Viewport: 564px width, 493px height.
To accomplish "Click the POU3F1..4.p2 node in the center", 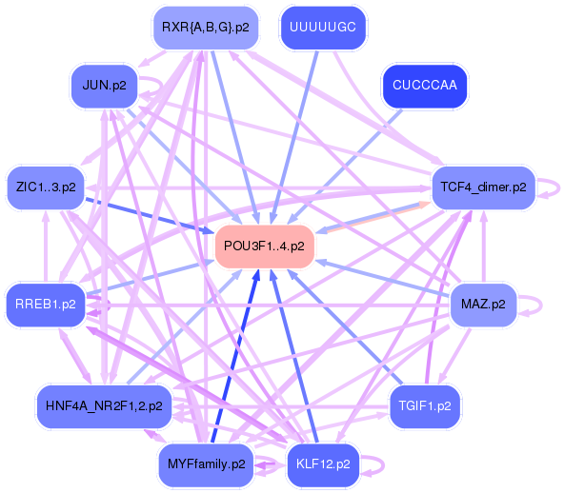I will tap(264, 246).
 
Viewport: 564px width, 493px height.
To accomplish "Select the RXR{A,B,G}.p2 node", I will tap(205, 28).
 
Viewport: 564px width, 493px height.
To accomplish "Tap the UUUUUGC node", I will tap(322, 28).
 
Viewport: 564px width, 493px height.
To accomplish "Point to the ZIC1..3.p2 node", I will tap(46, 187).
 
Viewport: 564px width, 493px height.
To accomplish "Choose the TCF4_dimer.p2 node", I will tap(483, 187).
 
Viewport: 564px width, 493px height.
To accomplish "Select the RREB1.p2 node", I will tap(46, 306).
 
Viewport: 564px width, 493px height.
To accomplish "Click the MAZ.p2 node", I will tap(482, 306).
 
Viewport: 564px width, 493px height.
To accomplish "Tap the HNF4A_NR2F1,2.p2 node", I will tap(103, 405).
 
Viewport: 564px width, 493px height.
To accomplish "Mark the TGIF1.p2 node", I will tap(425, 405).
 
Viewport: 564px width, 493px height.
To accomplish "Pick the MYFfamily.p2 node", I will tap(206, 464).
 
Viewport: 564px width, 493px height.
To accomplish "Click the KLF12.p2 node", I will tap(322, 464).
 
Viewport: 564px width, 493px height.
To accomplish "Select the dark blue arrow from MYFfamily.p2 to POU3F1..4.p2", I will tap(237, 353).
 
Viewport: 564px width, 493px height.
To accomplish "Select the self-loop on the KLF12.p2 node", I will tap(377, 464).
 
